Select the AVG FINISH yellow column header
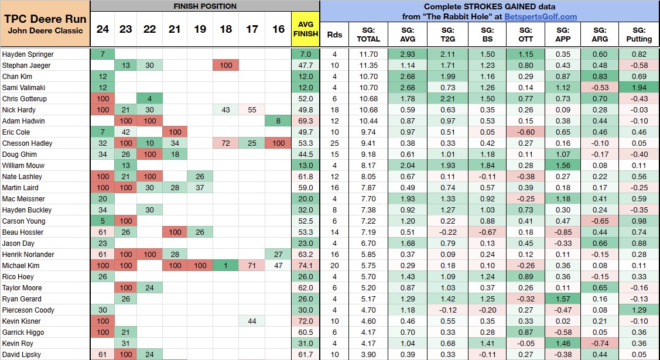coord(305,29)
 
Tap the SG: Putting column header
coord(638,35)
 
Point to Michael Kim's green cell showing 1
coord(225,265)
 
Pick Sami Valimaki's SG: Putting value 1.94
coord(638,87)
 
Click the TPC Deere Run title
coord(45,18)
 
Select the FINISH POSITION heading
coord(205,6)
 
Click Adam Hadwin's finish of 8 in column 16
coord(277,121)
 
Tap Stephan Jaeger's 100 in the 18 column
coord(225,65)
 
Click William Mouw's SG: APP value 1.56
coord(563,165)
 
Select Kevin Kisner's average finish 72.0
coord(305,321)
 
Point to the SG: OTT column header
coord(526,35)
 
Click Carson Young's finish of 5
coord(102,221)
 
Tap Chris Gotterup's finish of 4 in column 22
coord(150,98)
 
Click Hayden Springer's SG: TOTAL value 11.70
coord(368,54)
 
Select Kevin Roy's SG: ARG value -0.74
coord(600,343)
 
